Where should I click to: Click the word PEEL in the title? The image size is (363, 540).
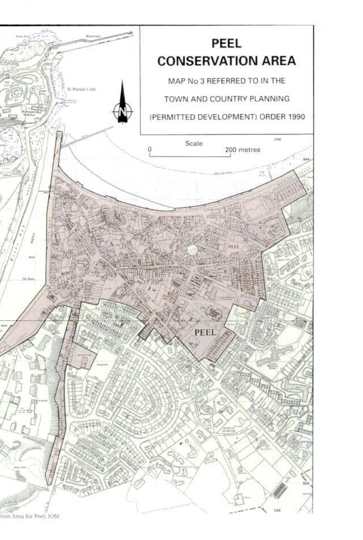[x=227, y=44]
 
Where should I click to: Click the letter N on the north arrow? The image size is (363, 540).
[x=123, y=112]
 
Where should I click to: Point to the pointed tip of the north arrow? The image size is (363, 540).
[x=123, y=81]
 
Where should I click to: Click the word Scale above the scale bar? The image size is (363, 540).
[x=194, y=144]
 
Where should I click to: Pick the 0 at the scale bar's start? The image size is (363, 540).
[x=150, y=149]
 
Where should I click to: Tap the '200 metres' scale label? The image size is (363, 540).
[x=243, y=150]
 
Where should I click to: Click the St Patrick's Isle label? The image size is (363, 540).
[x=82, y=90]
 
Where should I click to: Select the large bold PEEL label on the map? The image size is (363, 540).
[x=205, y=332]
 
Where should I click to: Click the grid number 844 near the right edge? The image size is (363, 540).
[x=306, y=159]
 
